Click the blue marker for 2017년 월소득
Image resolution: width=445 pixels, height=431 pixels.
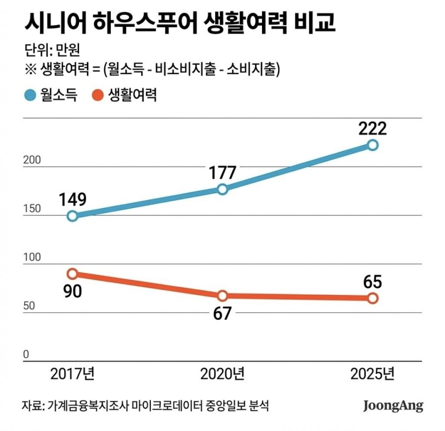pos(72,215)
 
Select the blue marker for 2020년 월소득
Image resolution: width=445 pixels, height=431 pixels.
pos(222,189)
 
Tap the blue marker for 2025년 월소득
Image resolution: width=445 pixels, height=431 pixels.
pos(373,145)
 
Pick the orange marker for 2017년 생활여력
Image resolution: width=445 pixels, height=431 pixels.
pos(72,274)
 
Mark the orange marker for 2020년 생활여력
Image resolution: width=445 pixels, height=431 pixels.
pos(222,296)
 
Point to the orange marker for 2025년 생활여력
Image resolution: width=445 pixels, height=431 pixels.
pos(373,298)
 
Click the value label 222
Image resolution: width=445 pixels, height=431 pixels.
pos(373,128)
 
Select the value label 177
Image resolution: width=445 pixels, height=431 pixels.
pos(222,172)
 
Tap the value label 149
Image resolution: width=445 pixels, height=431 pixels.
pos(73,199)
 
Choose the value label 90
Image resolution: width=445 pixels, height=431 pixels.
pos(72,291)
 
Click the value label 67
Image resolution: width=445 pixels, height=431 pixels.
pos(222,313)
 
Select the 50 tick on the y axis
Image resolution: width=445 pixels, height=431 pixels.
pos(29,306)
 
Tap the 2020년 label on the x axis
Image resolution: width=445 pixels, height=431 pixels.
pos(222,374)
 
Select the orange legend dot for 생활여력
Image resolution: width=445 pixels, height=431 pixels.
pos(98,95)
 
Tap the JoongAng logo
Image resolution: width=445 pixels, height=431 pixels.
pos(393,406)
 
